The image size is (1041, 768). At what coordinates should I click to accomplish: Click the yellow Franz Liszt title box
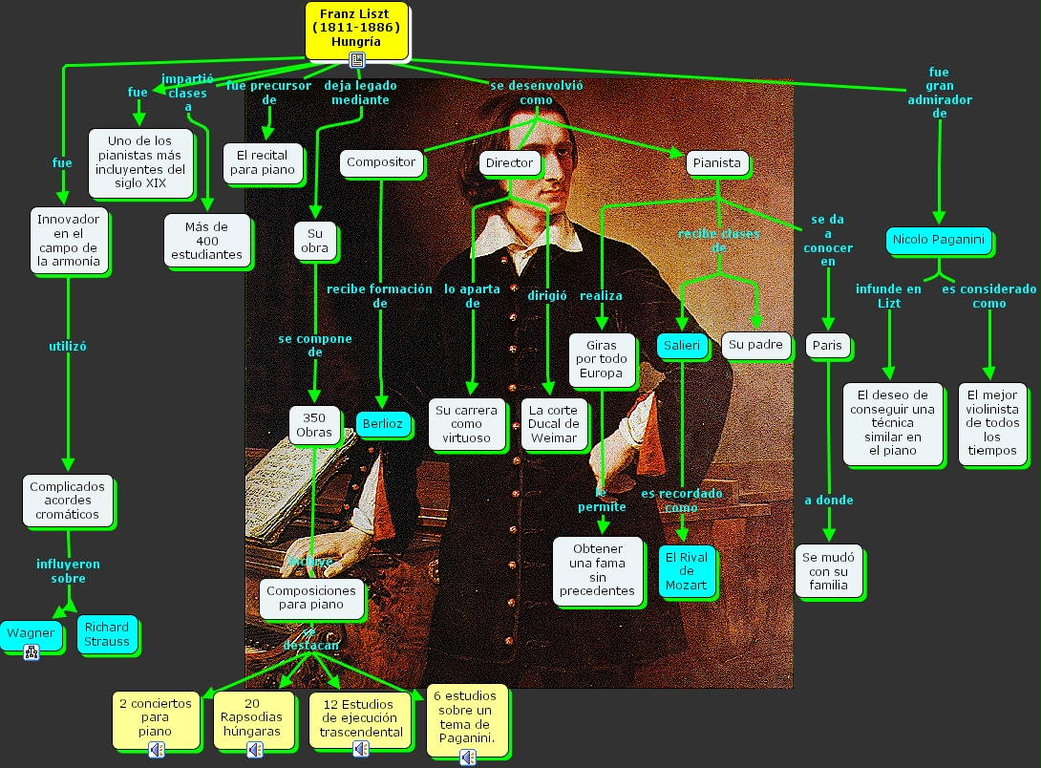click(356, 29)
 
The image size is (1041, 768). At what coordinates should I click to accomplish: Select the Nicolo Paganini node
click(937, 241)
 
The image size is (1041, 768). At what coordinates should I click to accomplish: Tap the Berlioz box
click(382, 424)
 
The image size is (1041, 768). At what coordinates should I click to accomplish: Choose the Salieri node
click(682, 346)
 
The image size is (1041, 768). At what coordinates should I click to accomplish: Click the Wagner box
click(31, 633)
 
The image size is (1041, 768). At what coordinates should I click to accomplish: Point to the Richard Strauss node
click(106, 634)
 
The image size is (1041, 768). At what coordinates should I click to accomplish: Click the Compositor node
click(381, 163)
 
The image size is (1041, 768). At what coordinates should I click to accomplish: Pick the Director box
click(509, 163)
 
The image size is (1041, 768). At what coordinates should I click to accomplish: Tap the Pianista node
click(716, 163)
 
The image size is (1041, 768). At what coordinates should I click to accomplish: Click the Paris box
click(827, 346)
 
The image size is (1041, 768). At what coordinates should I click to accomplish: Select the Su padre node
click(755, 345)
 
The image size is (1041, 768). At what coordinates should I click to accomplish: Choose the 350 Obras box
click(314, 424)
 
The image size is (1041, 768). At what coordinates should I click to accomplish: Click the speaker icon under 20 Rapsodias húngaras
click(254, 750)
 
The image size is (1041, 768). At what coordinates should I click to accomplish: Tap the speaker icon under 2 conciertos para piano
click(157, 750)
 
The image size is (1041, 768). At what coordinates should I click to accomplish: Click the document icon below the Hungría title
click(357, 60)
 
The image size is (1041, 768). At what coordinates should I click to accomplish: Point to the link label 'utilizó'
click(68, 347)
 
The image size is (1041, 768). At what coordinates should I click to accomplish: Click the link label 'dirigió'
click(547, 296)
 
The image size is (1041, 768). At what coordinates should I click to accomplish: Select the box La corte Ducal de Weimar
click(554, 424)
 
